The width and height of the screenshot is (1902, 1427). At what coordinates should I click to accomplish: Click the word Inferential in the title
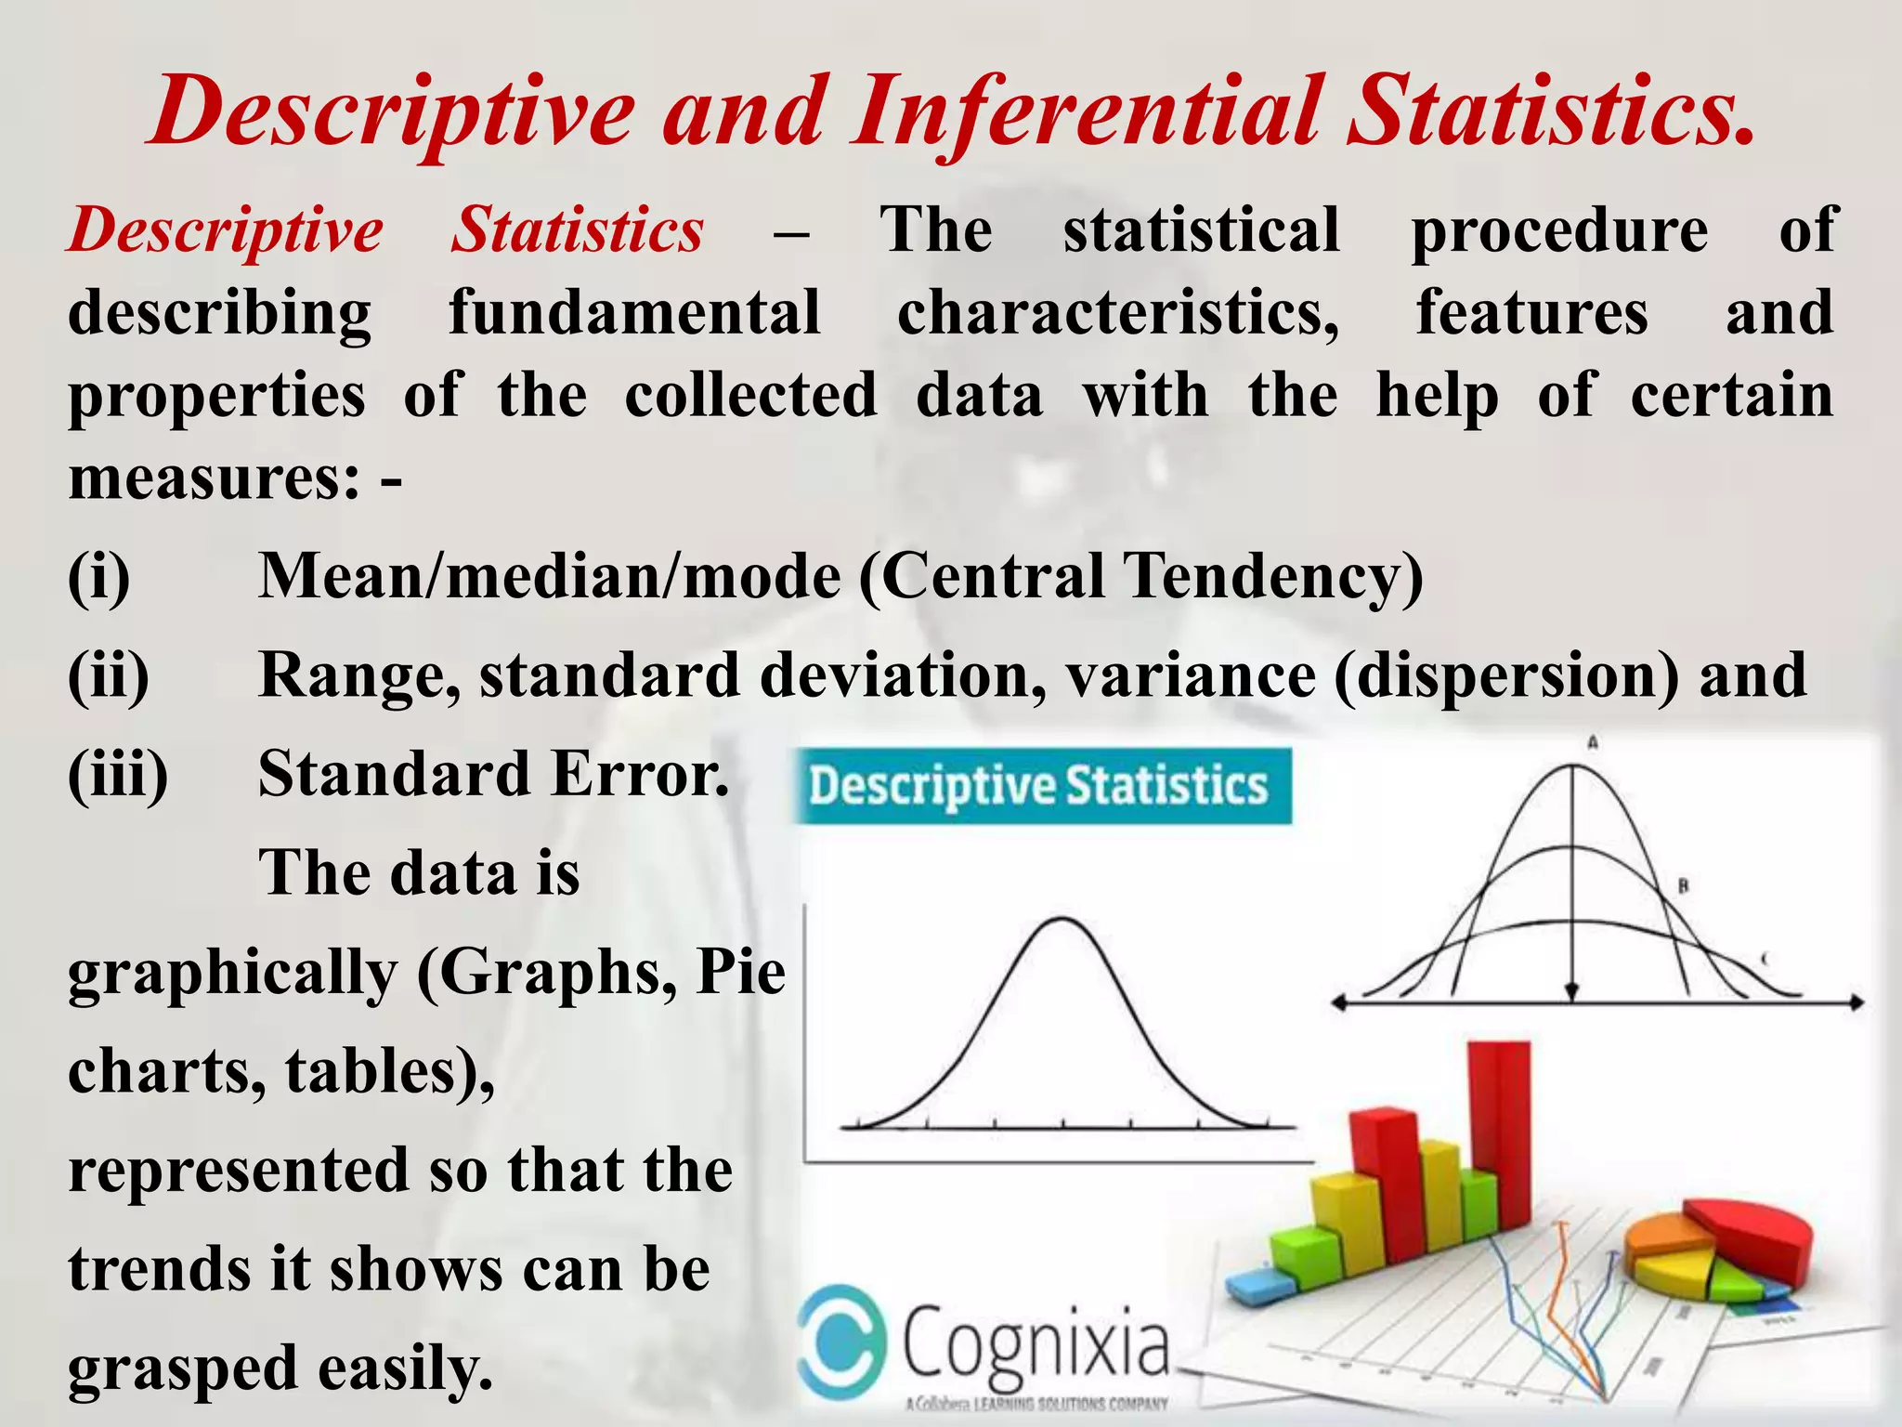(x=1085, y=113)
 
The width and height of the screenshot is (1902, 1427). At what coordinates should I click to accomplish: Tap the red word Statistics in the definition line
(x=577, y=230)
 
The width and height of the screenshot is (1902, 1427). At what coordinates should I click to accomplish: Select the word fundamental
(x=634, y=313)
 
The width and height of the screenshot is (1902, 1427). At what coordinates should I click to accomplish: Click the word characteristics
(x=1117, y=313)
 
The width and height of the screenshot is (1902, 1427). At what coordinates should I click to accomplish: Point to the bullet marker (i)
(x=98, y=577)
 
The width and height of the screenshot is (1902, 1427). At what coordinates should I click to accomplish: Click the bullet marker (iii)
(x=118, y=774)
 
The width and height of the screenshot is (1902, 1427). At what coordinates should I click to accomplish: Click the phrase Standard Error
(x=493, y=774)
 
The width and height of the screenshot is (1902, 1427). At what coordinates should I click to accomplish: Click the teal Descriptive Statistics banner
(x=1041, y=786)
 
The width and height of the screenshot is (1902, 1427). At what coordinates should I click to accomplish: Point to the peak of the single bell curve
(x=1062, y=920)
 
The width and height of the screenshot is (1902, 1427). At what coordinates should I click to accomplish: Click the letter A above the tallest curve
(x=1592, y=742)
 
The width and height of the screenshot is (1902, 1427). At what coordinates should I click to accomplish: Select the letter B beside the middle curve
(x=1683, y=886)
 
